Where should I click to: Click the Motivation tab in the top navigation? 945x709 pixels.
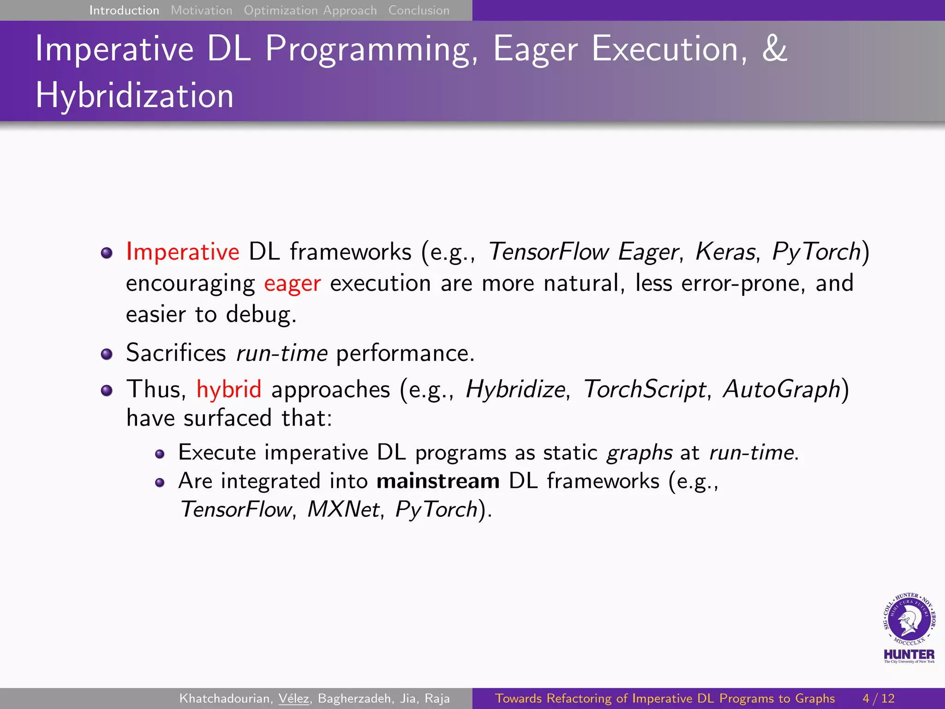[202, 10]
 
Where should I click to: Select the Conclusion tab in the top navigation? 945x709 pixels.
[419, 10]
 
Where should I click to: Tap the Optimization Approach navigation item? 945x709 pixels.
[310, 10]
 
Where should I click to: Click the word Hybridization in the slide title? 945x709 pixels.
[135, 96]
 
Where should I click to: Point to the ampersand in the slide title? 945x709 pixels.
[774, 48]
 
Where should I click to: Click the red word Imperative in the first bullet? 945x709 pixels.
[183, 252]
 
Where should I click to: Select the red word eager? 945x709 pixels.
[292, 283]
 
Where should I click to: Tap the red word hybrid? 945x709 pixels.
[229, 389]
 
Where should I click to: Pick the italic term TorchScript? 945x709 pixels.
[645, 389]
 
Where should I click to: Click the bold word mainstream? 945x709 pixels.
[438, 481]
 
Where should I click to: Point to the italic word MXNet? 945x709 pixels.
[343, 510]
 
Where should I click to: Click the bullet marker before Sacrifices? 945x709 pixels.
[107, 354]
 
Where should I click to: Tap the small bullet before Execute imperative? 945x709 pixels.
[160, 454]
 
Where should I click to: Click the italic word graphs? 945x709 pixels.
[639, 453]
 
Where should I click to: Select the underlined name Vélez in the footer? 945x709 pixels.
[294, 698]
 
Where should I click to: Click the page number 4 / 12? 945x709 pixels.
[879, 698]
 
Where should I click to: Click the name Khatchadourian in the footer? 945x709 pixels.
[224, 698]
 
